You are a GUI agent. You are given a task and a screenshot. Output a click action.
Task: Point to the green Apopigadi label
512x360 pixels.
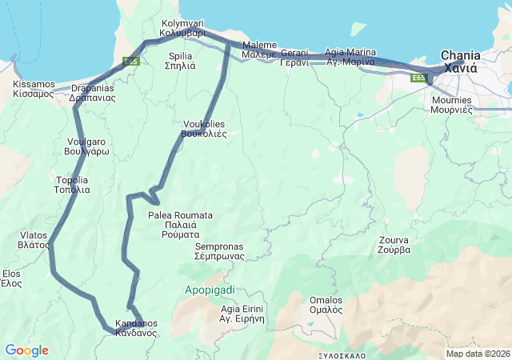click(x=209, y=289)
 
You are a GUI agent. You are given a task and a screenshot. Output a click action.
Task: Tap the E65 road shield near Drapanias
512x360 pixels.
click(x=131, y=61)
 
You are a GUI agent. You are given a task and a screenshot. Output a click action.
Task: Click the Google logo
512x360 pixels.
click(x=26, y=350)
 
